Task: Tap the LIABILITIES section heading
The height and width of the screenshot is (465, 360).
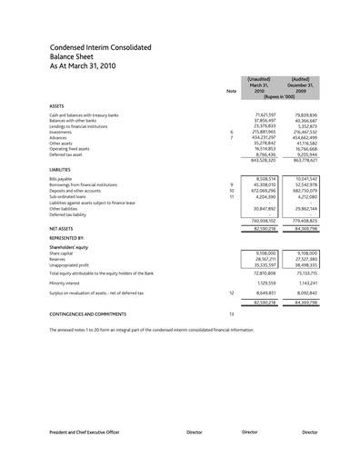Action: [x=63, y=169]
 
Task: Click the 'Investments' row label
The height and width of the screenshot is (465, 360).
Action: [x=61, y=132]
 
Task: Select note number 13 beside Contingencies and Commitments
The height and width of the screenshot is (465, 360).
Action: [x=231, y=314]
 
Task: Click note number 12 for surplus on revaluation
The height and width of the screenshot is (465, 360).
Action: [x=231, y=294]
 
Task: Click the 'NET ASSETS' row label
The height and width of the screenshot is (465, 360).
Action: [x=61, y=228]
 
